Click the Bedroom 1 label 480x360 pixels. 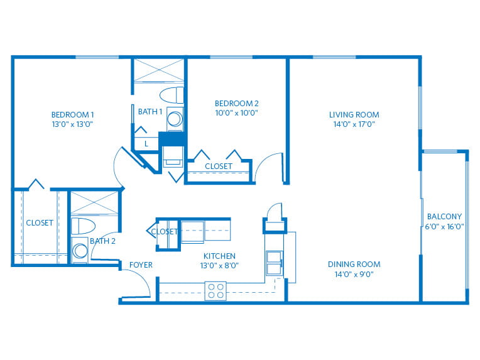click(x=72, y=115)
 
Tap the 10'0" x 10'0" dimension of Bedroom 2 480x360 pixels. click(x=237, y=112)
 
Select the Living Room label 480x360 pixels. click(x=354, y=115)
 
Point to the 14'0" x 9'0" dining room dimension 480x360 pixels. click(x=354, y=274)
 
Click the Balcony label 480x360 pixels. click(x=444, y=216)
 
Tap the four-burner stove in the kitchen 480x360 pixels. click(x=215, y=291)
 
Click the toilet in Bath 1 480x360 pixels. click(x=172, y=95)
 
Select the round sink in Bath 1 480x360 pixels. click(x=175, y=119)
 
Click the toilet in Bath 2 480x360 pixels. click(x=84, y=226)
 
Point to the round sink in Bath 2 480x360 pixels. click(x=80, y=251)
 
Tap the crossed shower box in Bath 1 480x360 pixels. click(x=159, y=71)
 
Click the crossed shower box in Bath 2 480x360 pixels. click(x=94, y=203)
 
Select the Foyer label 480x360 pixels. click(x=141, y=265)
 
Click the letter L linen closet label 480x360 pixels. click(x=146, y=144)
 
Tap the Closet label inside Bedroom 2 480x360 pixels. click(x=219, y=166)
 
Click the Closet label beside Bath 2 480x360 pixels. click(x=40, y=222)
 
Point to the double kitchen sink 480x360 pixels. click(x=275, y=263)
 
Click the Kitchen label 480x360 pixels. click(x=219, y=256)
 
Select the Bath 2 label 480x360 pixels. click(x=102, y=241)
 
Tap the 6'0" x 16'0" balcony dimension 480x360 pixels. click(x=444, y=227)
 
